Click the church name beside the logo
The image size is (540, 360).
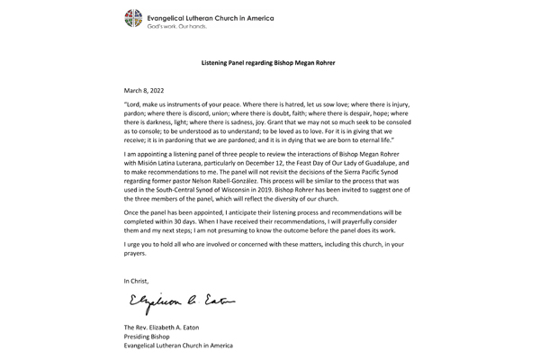(211, 17)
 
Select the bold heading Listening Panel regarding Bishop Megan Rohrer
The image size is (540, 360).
(269, 63)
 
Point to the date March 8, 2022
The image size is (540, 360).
(147, 90)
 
